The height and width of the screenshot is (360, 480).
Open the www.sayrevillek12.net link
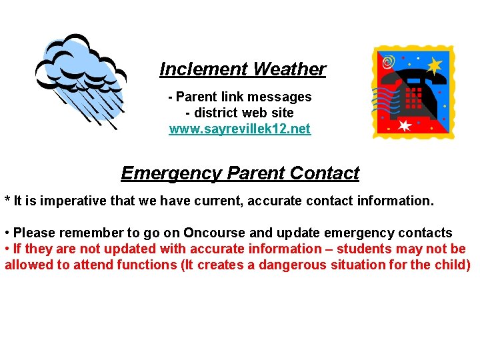pyautogui.click(x=239, y=129)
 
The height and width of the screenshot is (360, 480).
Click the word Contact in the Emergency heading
pyautogui.click(x=325, y=173)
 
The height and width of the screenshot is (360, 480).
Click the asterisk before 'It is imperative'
pyautogui.click(x=7, y=200)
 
